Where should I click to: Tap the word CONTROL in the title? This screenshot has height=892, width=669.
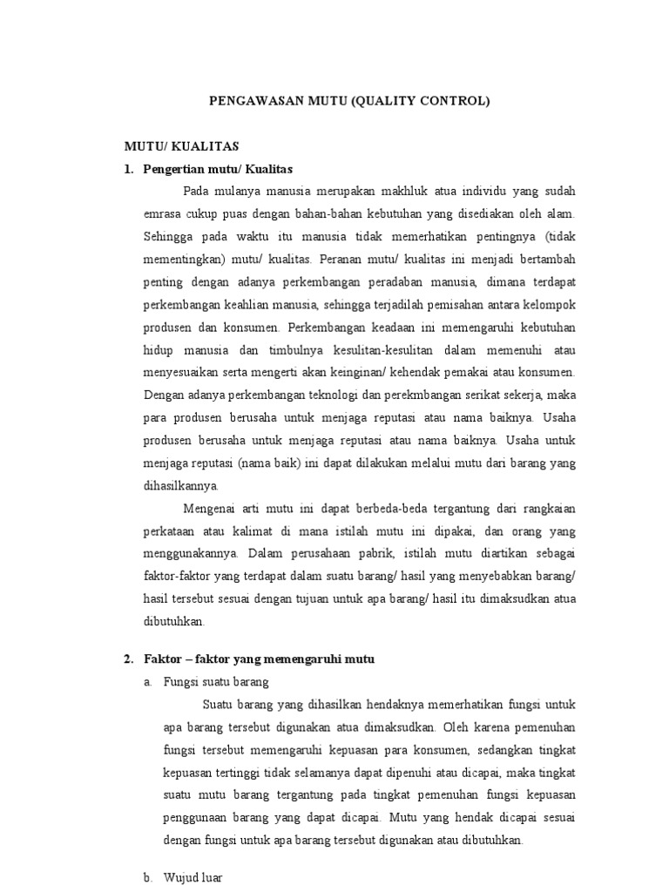point(455,101)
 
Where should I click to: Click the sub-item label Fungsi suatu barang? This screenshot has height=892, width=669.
point(216,682)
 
